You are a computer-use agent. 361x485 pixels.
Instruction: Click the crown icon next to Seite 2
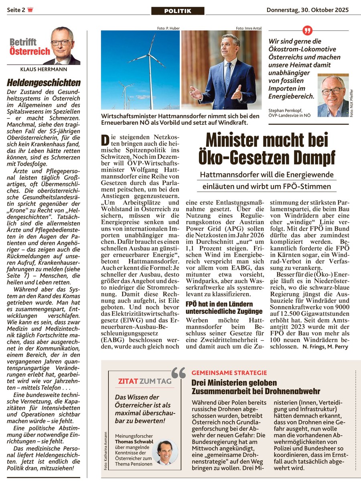tap(30, 10)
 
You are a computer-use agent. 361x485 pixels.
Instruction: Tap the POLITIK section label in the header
tap(177, 11)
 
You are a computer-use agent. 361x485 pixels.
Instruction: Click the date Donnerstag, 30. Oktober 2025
tap(307, 10)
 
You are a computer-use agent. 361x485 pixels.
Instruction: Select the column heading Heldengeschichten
tap(44, 83)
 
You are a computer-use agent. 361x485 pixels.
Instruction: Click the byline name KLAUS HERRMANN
tap(43, 69)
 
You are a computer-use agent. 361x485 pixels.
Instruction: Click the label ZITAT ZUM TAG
tap(139, 381)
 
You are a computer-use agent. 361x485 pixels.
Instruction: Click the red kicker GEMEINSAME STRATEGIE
tap(229, 373)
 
